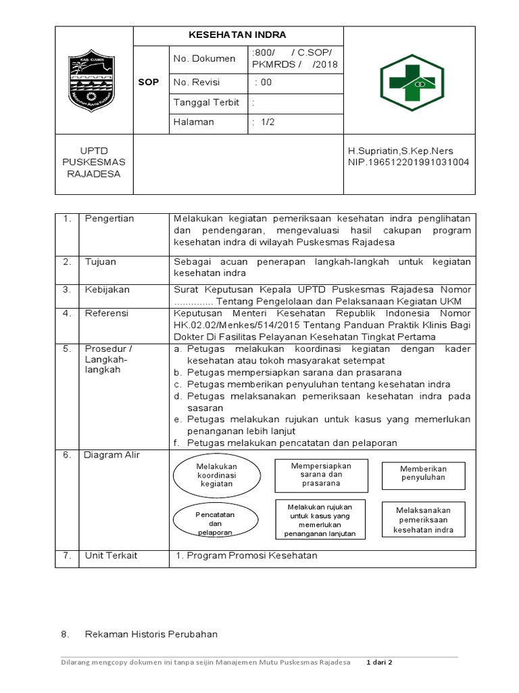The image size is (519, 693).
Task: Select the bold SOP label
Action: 149,82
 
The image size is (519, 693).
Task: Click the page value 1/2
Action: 260,122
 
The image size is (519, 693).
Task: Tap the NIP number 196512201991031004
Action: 408,162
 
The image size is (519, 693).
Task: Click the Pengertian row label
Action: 109,219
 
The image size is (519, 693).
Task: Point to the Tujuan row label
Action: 101,261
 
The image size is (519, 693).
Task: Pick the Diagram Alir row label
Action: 112,455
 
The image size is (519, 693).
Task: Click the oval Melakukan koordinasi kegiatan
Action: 216,475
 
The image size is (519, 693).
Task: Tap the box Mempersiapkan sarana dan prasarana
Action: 321,474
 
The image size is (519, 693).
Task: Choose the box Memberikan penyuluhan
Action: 423,472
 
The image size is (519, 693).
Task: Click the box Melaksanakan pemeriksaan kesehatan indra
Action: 424,519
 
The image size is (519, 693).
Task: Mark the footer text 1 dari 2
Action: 380,662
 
